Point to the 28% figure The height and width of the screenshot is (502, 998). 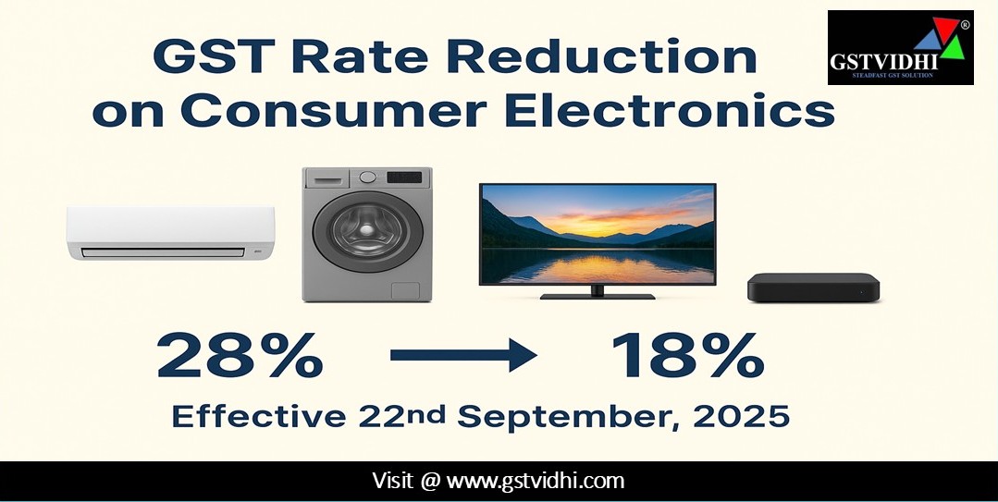click(240, 355)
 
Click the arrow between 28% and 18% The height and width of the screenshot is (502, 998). click(463, 355)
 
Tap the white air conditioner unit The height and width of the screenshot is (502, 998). click(170, 232)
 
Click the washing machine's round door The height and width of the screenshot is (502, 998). click(360, 232)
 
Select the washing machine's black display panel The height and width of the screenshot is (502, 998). click(405, 177)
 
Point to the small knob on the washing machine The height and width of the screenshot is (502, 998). click(367, 178)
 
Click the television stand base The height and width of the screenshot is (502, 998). click(597, 296)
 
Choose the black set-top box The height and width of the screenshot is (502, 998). click(813, 288)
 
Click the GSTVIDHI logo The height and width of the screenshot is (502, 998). click(901, 48)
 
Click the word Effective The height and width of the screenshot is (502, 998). click(259, 417)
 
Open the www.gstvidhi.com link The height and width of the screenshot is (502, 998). click(536, 481)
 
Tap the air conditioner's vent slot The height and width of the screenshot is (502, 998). click(163, 252)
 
